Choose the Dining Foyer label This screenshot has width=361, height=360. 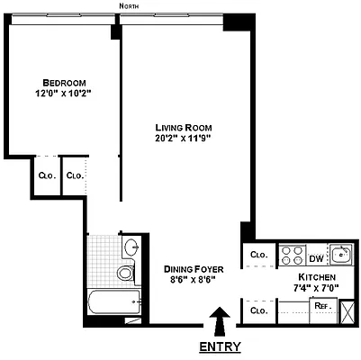click(193, 268)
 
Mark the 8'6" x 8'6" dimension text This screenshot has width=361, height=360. click(193, 280)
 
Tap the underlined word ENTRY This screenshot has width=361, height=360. click(220, 346)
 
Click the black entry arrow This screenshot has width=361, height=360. click(219, 319)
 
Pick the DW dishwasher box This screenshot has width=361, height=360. click(315, 254)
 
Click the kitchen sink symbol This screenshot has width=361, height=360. click(340, 253)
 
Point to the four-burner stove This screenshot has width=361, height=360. click(292, 254)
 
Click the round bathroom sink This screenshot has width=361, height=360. click(131, 247)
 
